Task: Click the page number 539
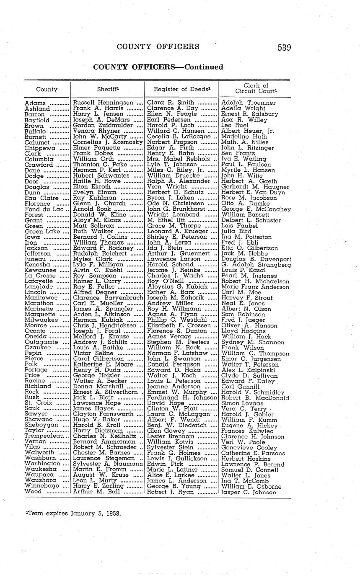point(284,47)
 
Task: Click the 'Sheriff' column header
point(107,89)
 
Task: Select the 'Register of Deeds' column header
point(181,89)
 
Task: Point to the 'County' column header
point(47,89)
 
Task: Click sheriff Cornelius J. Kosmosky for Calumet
point(108,142)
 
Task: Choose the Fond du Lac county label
point(44,209)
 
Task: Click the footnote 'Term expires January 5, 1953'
point(73,513)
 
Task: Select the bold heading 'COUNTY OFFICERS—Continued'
point(158,67)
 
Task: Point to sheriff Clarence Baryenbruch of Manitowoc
point(108,298)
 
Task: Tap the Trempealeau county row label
point(44,436)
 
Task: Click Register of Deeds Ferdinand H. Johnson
point(182,398)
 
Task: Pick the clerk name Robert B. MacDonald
point(255,398)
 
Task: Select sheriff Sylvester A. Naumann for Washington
point(108,464)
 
